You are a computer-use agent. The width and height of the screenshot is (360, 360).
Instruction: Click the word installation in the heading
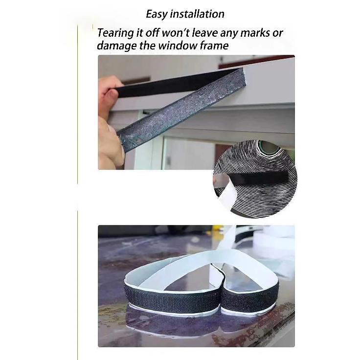(x=197, y=14)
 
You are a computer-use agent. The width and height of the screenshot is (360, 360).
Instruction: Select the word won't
(x=176, y=33)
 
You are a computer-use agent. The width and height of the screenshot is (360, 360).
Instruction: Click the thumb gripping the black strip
(x=109, y=93)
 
